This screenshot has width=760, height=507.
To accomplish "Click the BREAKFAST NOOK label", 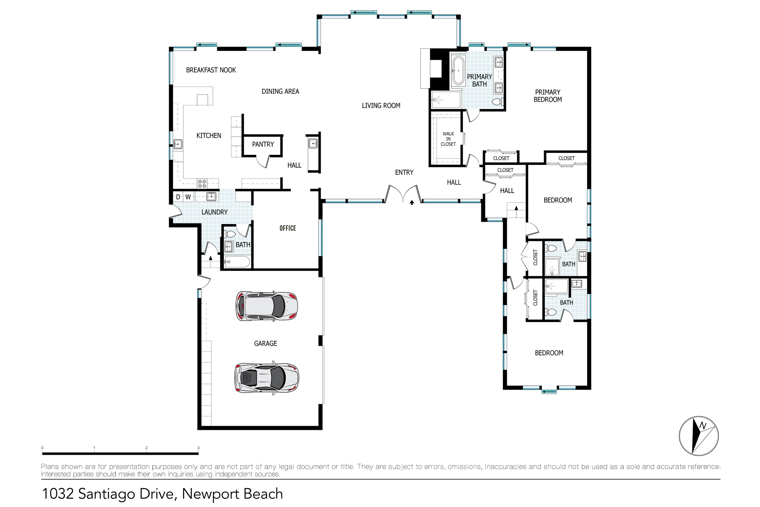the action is (211, 70).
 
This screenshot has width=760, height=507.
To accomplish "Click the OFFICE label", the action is (288, 228).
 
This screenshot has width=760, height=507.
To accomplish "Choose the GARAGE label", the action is (265, 344).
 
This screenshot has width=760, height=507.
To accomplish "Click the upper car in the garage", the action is (267, 306).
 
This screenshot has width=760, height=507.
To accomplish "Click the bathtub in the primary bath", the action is (458, 71).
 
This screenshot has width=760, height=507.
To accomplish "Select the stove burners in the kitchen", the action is (202, 184).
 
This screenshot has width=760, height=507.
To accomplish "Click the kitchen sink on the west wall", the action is (178, 144).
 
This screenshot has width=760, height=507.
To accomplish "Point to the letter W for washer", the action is (188, 197).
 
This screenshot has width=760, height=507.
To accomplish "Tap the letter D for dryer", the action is (178, 197).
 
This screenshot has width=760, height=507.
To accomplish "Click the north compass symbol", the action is (699, 436).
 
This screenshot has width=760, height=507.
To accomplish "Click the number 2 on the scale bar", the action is (146, 448).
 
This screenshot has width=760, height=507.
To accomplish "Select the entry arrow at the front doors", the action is (412, 203).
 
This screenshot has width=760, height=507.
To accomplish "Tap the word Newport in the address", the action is (211, 494).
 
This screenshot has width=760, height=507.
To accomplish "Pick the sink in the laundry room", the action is (211, 196).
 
